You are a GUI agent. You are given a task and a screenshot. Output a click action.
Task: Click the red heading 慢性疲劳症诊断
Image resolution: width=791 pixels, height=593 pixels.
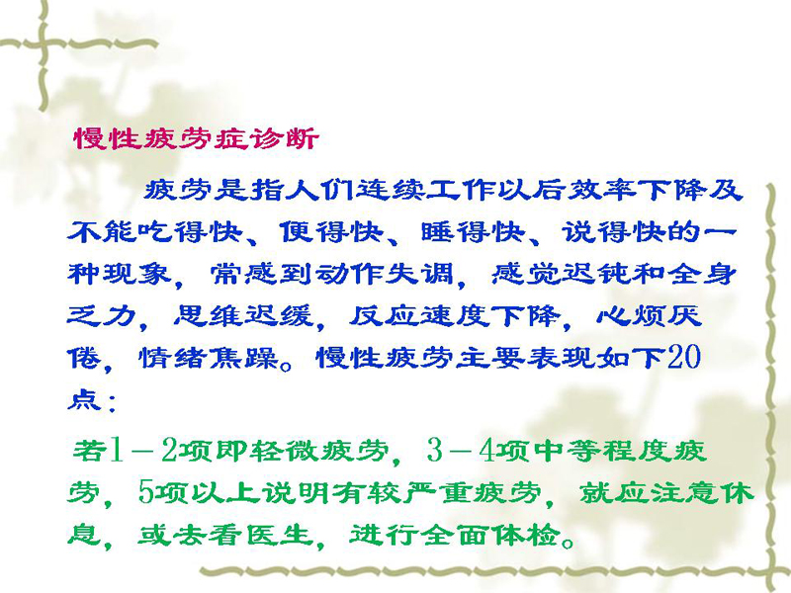pos(197,138)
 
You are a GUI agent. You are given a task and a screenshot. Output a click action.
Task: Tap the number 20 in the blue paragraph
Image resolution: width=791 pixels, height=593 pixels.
pos(684,357)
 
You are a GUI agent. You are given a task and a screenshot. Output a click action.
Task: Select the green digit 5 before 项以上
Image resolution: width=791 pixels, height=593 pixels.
pos(145,492)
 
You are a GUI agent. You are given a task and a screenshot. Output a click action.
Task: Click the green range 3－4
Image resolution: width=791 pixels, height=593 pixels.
pos(460,451)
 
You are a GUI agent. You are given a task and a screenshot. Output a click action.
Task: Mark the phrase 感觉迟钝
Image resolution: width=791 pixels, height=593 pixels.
pos(562,275)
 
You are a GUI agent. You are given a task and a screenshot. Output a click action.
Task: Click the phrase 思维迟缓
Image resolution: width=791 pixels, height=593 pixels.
pos(244,316)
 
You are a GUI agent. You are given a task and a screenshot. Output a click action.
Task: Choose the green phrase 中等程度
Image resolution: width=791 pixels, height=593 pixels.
pos(602,451)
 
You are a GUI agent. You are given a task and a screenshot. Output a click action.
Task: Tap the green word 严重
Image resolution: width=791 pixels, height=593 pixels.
pos(437,492)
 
